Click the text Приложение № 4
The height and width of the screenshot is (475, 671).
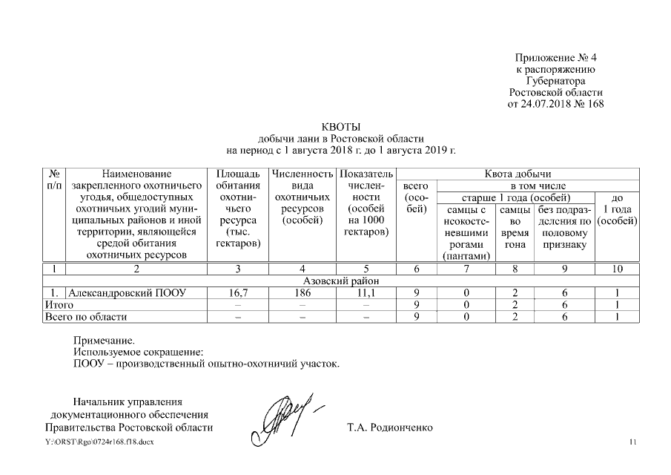pyautogui.click(x=556, y=57)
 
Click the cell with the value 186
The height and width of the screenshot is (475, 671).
pyautogui.click(x=301, y=293)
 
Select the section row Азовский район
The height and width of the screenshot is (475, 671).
pyautogui.click(x=341, y=281)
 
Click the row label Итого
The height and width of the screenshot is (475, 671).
pyautogui.click(x=59, y=305)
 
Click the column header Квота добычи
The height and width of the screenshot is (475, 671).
pyautogui.click(x=518, y=173)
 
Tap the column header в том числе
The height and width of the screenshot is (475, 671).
pyautogui.click(x=538, y=185)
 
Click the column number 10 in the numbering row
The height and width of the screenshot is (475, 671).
pyautogui.click(x=618, y=269)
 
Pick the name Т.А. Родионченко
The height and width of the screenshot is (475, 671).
pyautogui.click(x=389, y=428)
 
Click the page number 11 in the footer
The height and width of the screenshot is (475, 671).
pyautogui.click(x=632, y=442)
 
